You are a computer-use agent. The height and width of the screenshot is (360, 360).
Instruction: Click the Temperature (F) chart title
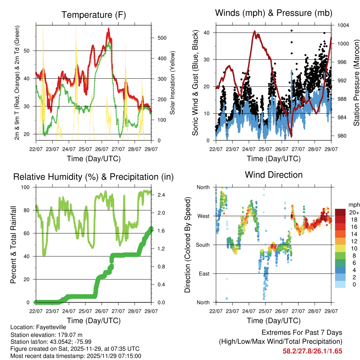94,15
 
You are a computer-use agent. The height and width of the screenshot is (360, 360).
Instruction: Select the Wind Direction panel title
274,174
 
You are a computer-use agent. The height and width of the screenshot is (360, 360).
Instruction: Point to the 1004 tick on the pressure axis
343,25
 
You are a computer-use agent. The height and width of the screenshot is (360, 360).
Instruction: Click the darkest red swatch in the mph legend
340,212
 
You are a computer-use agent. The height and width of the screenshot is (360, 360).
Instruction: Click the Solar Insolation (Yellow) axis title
173,83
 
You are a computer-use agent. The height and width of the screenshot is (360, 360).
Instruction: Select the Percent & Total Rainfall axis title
13,245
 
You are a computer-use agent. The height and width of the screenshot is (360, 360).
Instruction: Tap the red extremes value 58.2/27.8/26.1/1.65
312,351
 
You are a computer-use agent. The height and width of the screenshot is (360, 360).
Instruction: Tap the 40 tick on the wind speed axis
209,33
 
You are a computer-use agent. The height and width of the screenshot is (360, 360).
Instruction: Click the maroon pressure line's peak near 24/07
255,31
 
